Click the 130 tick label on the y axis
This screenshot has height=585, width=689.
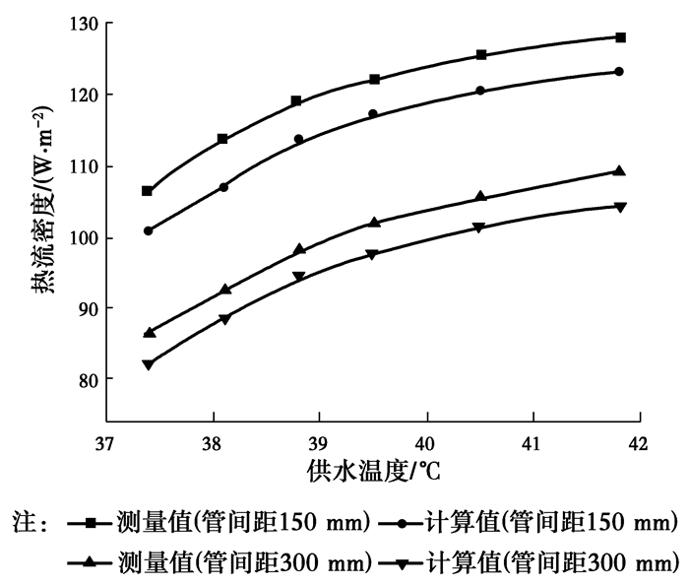84,24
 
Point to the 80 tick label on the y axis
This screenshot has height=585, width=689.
88,379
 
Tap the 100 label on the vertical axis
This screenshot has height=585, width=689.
84,237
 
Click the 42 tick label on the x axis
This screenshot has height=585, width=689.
640,442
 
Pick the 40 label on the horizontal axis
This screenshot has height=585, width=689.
426,442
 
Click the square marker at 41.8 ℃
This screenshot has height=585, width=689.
620,37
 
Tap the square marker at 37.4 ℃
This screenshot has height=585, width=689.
148,191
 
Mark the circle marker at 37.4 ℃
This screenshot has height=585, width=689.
148,231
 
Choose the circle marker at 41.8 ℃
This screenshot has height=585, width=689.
619,71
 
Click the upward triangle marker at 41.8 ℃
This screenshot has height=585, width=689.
619,170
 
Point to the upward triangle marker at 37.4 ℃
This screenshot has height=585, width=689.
149,333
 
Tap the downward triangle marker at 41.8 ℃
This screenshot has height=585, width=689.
620,207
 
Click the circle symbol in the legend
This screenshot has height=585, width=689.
407,521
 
